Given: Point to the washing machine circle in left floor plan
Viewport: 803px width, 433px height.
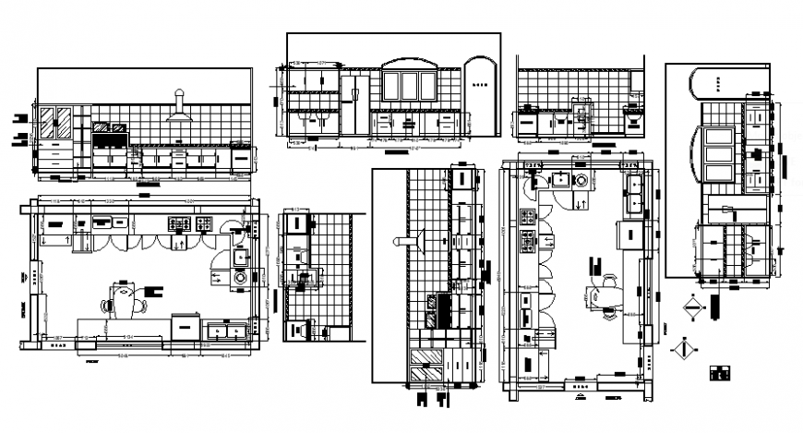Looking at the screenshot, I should pos(240,275).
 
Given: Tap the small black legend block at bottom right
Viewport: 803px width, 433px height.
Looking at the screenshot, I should pos(719,374).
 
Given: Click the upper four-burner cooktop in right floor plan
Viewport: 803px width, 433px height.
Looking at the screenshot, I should pos(529,218).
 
